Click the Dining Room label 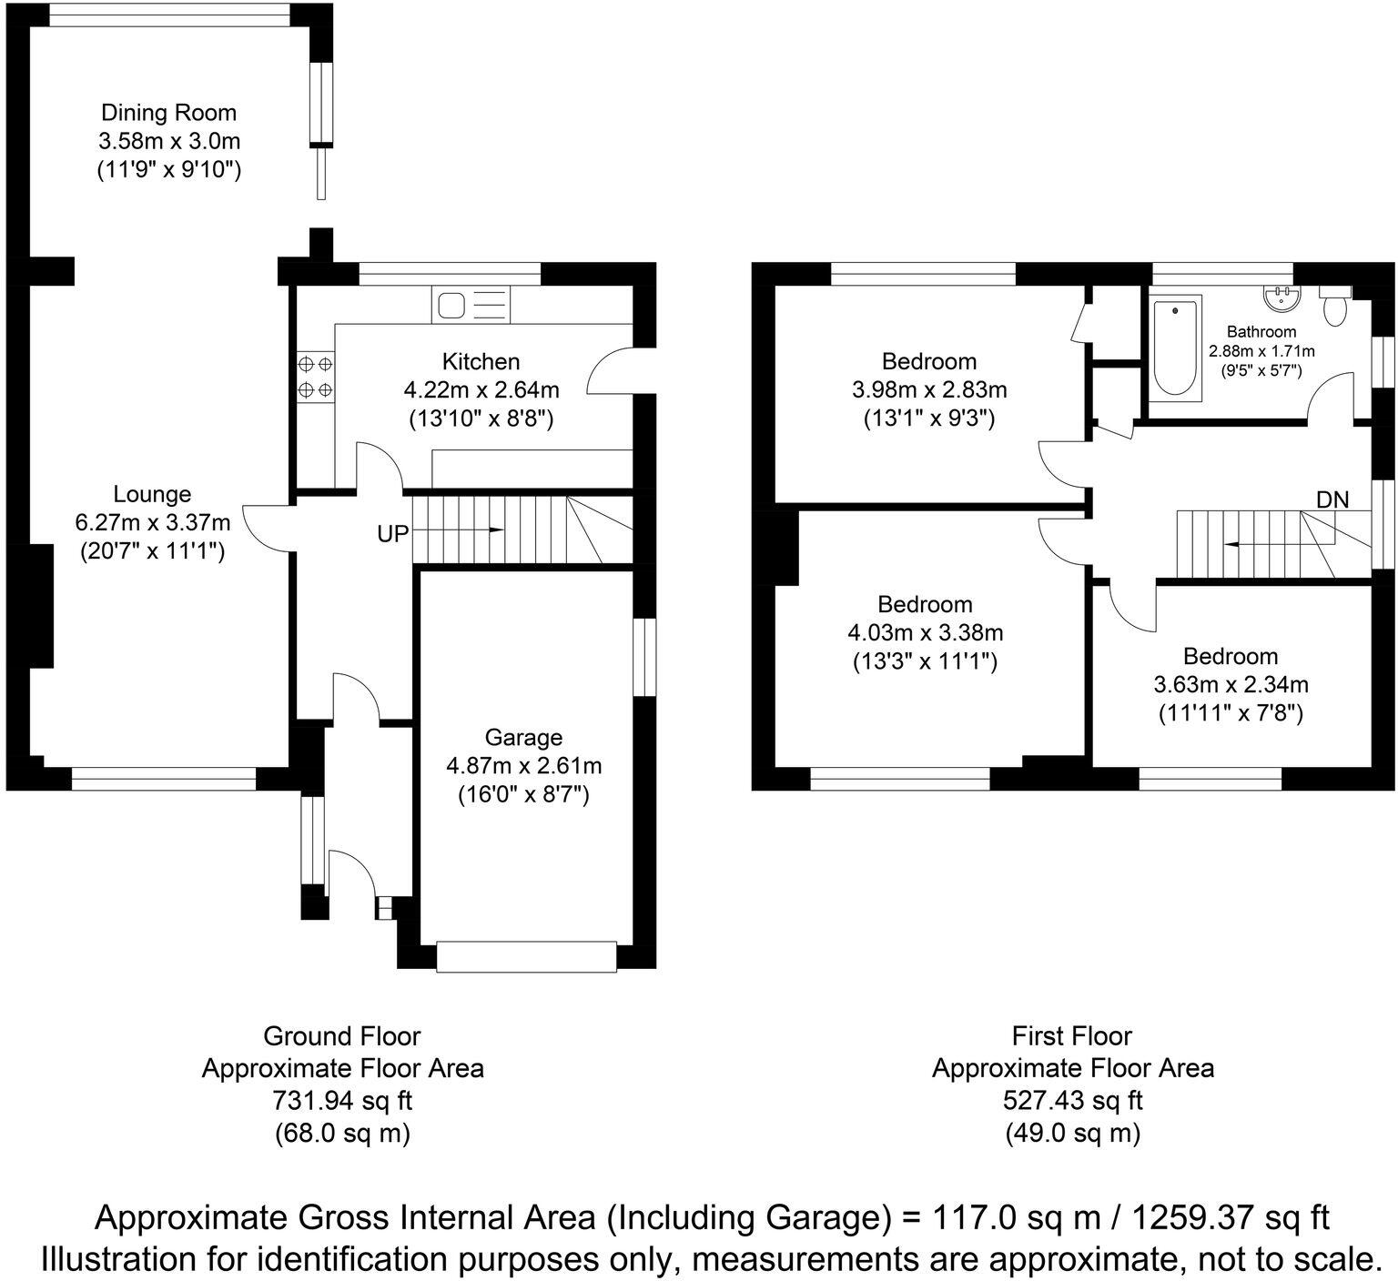(168, 113)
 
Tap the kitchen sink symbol (471, 304)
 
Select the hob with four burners (315, 377)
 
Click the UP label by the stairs (393, 534)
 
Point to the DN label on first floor (1332, 499)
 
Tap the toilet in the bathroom (1335, 308)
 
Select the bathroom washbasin (1282, 295)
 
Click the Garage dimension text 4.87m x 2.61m (523, 766)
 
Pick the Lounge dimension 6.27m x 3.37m (152, 522)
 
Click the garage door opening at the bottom (527, 957)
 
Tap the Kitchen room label (481, 361)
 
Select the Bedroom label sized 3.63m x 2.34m (1231, 656)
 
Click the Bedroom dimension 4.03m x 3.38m (925, 632)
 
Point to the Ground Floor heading (341, 1035)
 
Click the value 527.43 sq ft (1072, 1101)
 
